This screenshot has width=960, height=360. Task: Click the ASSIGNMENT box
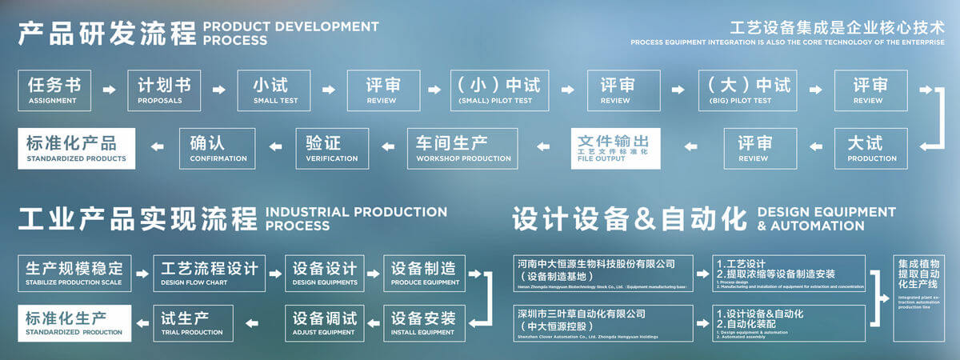point(54,90)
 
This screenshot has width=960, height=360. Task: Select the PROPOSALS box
point(163,90)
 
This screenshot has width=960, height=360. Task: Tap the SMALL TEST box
point(271,90)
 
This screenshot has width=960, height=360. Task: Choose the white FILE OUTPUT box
point(615,148)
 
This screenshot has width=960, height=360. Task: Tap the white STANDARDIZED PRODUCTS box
point(76,148)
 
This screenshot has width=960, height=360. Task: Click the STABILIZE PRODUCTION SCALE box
point(74,273)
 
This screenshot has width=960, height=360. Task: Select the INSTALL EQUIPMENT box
point(423,322)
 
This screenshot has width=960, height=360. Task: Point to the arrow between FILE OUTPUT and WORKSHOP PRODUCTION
point(542,148)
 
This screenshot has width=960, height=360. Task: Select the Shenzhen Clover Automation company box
point(604,322)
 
